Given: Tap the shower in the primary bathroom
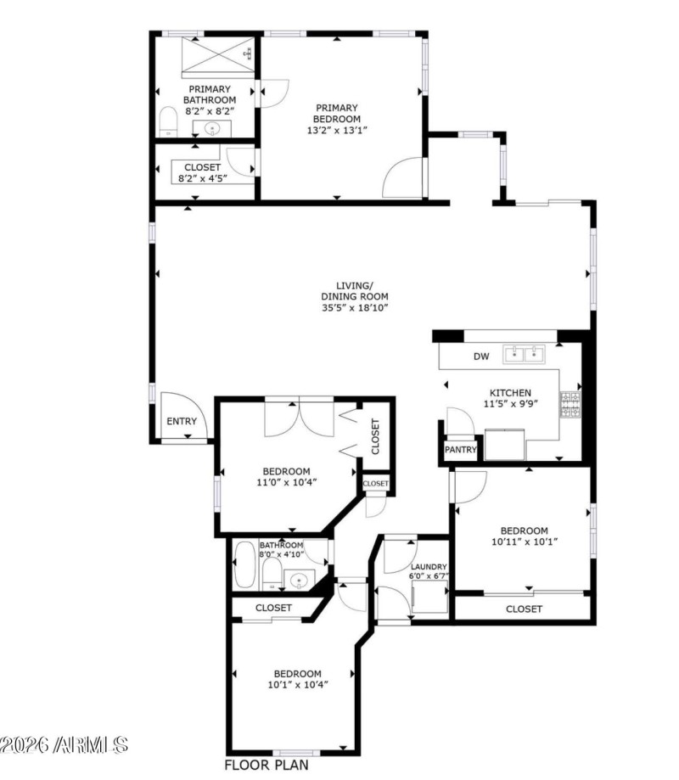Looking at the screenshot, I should (217, 54).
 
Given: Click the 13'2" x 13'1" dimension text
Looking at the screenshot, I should (337, 130).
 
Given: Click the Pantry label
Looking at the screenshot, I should (460, 451).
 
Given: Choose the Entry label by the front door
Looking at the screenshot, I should (182, 421).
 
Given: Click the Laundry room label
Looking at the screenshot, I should (429, 567).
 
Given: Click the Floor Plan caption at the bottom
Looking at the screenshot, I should (266, 765).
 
